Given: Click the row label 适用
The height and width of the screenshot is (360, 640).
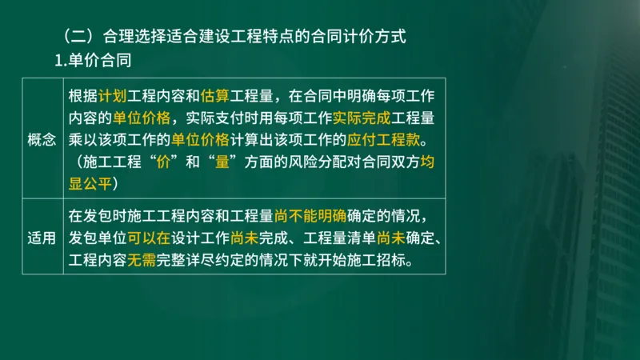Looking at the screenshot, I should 42,238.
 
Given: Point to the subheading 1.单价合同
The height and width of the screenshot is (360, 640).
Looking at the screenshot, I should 92,60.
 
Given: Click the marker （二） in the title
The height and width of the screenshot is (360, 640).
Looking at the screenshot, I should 77,37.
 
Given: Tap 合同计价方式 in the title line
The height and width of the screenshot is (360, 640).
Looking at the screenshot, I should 367,37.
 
